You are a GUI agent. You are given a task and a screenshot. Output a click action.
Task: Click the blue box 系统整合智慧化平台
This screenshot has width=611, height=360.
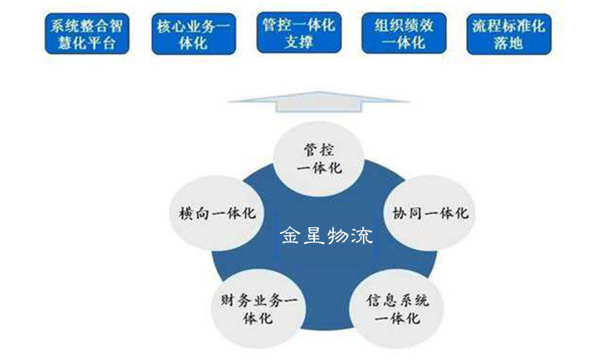(87, 34)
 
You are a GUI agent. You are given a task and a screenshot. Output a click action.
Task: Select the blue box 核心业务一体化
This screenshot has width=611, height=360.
(192, 34)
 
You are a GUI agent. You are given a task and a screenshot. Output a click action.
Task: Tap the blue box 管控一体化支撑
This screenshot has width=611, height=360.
(298, 33)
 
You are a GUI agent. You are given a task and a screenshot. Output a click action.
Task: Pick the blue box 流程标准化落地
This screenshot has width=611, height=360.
(509, 34)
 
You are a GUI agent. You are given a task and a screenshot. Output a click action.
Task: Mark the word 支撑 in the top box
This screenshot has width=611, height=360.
(298, 43)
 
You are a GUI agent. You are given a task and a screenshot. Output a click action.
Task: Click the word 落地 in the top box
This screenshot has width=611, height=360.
(509, 43)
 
